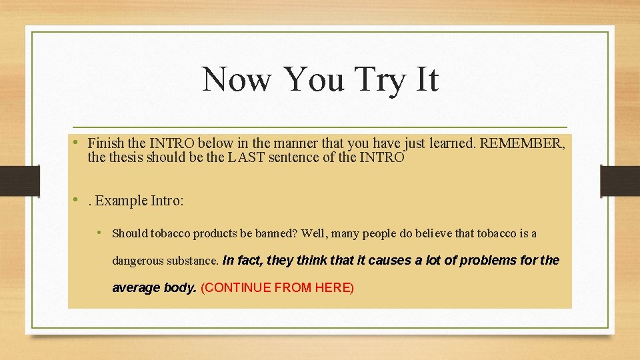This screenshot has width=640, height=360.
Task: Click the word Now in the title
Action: click(236, 79)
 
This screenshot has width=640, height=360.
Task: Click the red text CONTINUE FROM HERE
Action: click(277, 287)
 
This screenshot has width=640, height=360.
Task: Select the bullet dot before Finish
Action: click(77, 142)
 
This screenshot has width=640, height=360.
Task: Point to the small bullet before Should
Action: click(99, 233)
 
